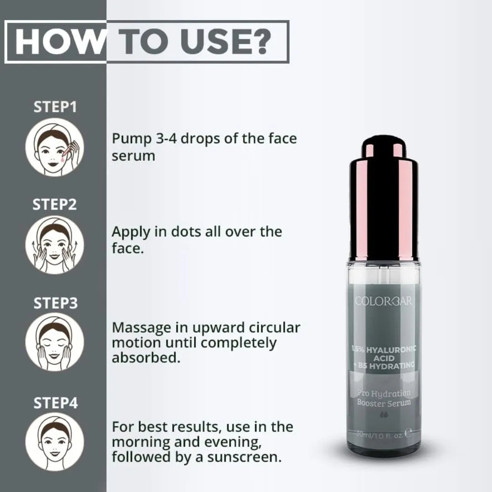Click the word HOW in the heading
click(60, 42)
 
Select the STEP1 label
click(55, 108)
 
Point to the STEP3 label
click(55, 303)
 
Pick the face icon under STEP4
click(55, 441)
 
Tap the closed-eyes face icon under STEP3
click(55, 342)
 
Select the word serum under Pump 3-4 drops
click(133, 155)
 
